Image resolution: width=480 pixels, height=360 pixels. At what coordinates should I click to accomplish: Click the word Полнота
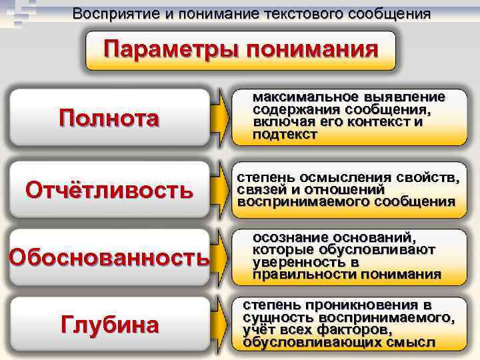pos(109,119)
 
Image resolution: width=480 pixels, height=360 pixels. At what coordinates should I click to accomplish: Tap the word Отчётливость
pos(109,191)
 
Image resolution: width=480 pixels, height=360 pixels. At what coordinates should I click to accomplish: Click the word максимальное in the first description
pos(304,97)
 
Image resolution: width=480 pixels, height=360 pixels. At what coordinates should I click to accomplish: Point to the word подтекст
pos(285,135)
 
